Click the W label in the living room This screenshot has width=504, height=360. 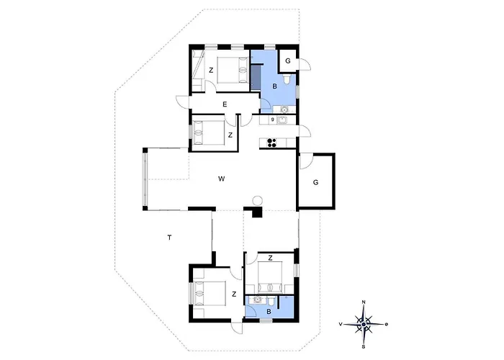click(x=221, y=179)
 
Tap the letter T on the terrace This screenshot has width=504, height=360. click(x=169, y=238)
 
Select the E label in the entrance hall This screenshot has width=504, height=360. click(x=225, y=104)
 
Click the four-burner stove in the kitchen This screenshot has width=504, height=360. click(x=272, y=143)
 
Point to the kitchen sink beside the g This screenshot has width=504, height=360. click(x=282, y=120)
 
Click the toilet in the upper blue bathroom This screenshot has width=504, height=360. click(x=287, y=78)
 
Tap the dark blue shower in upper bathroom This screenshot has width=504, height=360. click(x=256, y=76)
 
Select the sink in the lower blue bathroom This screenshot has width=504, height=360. click(x=257, y=300)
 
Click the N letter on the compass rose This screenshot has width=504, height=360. click(x=364, y=302)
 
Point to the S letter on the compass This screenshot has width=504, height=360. click(x=364, y=346)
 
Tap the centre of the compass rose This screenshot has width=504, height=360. click(x=364, y=324)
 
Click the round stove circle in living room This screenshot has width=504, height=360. click(x=258, y=201)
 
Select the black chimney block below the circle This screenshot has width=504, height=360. click(x=257, y=213)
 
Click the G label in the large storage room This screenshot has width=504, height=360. click(x=315, y=182)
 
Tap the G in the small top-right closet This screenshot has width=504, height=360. click(x=288, y=60)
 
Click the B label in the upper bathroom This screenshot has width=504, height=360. click(x=274, y=86)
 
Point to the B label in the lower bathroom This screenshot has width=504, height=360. click(x=269, y=312)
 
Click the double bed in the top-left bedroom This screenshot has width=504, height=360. click(x=233, y=70)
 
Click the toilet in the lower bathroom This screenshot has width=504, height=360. click(x=271, y=301)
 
